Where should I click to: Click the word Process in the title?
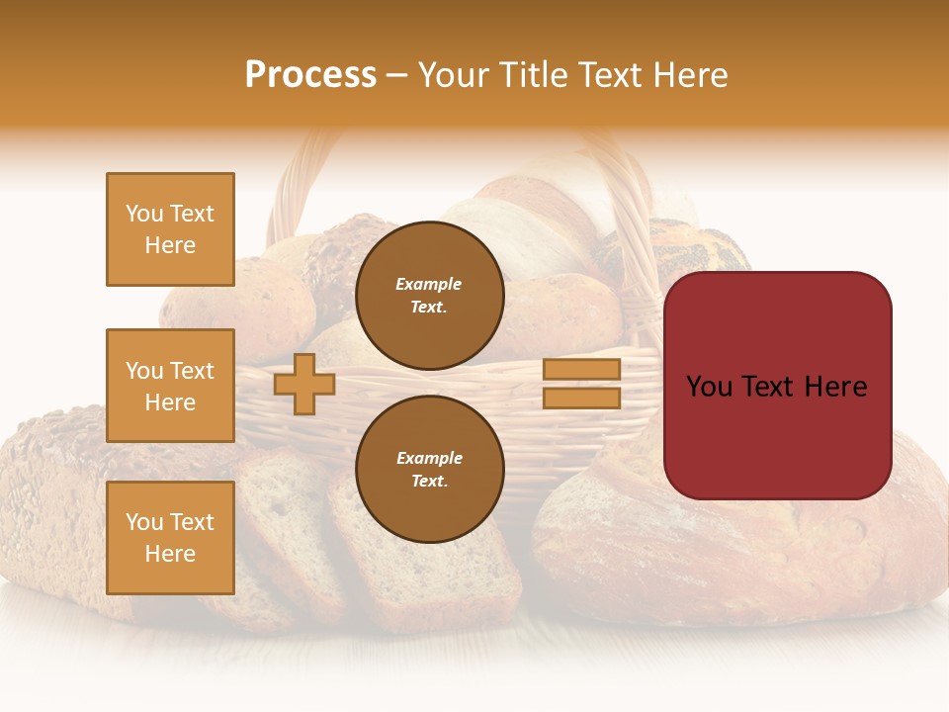pos(310,75)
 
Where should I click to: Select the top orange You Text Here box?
pos(170,229)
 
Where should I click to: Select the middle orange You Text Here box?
pos(170,386)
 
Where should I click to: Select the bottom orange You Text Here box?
pos(170,538)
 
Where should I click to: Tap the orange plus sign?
pos(304,384)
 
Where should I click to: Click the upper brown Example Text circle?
pos(429,296)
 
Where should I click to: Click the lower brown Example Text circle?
pos(429,470)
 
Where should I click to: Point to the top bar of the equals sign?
pos(581,369)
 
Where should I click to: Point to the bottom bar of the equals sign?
pos(581,398)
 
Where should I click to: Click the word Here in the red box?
pos(835,387)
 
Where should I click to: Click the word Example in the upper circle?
pos(429,284)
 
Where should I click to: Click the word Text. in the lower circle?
pos(429,482)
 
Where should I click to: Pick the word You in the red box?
pos(708,387)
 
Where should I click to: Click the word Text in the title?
pos(610,75)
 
